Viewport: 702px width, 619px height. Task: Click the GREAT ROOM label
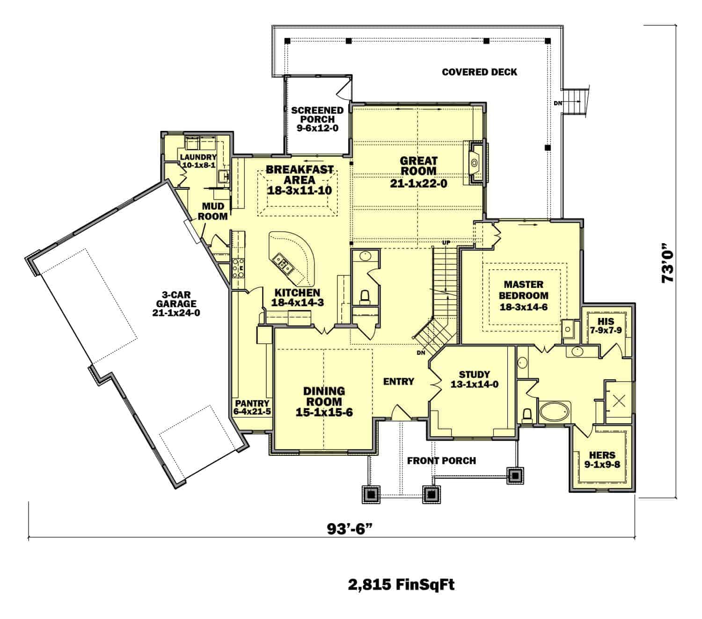(418, 172)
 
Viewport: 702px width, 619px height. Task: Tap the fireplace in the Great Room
(475, 163)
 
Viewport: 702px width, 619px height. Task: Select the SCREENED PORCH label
(317, 119)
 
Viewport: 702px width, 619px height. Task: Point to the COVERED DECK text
(479, 72)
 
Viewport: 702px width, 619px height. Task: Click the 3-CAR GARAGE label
(176, 303)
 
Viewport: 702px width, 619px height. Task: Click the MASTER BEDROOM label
(523, 295)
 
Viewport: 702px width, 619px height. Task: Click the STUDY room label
(474, 379)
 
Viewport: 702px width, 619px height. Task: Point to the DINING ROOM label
(324, 401)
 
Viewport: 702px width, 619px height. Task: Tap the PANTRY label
(252, 407)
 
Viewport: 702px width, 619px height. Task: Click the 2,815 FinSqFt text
(401, 584)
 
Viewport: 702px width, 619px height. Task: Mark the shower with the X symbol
(619, 400)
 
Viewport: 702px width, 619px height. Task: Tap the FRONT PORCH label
(441, 461)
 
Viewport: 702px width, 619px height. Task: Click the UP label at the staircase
(446, 243)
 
